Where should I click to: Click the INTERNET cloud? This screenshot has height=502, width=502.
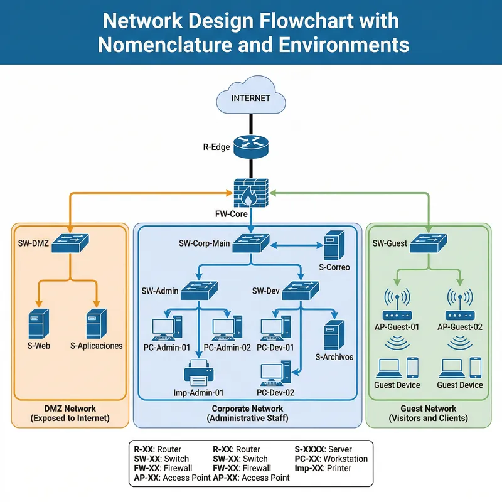(251, 97)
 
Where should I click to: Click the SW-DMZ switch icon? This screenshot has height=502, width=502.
(70, 242)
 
